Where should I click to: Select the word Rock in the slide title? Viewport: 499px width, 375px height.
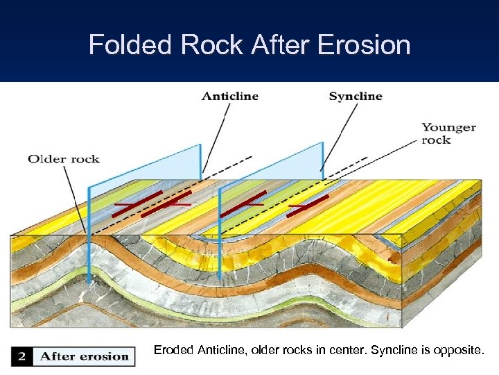pyautogui.click(x=205, y=45)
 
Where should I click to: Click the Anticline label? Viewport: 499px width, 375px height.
pyautogui.click(x=230, y=97)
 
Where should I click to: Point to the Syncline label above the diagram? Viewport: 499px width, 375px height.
pyautogui.click(x=356, y=97)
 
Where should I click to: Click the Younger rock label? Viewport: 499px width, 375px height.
pyautogui.click(x=448, y=133)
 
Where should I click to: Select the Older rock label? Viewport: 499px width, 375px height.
pyautogui.click(x=64, y=159)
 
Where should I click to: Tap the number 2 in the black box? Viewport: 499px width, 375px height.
pyautogui.click(x=22, y=356)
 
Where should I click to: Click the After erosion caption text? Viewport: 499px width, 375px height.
pyautogui.click(x=85, y=356)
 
